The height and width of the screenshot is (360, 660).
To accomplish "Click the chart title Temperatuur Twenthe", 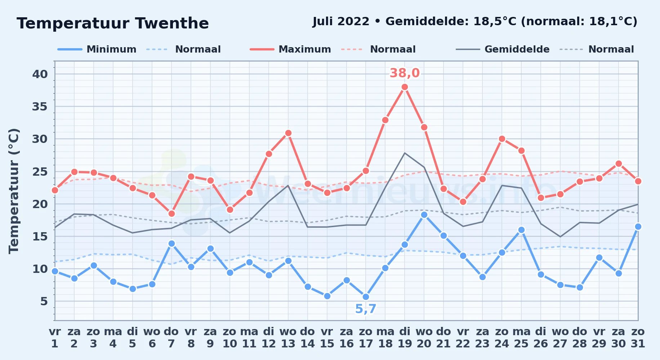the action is tap(113, 24).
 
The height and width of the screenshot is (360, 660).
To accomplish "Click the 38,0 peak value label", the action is tap(405, 73).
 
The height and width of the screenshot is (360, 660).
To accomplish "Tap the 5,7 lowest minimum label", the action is tap(366, 309).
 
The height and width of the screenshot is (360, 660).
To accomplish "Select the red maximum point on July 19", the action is tap(405, 87).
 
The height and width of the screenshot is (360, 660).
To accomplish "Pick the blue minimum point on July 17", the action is tap(366, 297).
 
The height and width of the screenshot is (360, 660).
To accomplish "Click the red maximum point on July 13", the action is tap(288, 133).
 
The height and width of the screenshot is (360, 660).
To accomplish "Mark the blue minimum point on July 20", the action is tap(424, 215).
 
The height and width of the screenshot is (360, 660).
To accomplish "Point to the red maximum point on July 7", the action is tap(171, 213).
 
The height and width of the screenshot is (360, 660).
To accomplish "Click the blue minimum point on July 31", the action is tap(638, 226).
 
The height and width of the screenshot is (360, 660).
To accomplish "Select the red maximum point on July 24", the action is tap(502, 139).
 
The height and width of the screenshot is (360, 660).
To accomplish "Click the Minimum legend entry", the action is tap(97, 49).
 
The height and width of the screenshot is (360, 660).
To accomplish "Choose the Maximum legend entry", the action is tap(290, 49).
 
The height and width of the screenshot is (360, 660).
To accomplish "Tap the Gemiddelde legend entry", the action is tap(503, 49).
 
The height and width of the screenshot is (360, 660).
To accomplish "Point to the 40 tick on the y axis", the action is tap(40, 74).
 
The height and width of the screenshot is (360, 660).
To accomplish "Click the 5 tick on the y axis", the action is tap(44, 301).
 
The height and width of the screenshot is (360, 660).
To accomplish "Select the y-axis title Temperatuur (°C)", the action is tap(14, 191).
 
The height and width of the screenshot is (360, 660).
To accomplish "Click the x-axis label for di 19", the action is tap(405, 338).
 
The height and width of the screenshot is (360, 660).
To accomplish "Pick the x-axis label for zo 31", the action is tap(638, 338).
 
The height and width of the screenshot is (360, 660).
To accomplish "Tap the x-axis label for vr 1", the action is tap(55, 338).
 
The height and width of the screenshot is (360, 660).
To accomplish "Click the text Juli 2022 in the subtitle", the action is tap(341, 22).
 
